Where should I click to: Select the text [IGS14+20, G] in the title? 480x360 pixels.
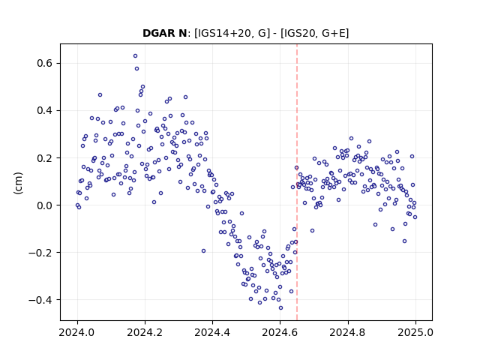tap(232, 33)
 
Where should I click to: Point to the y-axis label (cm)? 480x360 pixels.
tap(18, 183)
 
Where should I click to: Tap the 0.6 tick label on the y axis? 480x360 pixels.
tap(45, 63)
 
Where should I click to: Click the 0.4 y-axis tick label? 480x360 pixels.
tap(45, 110)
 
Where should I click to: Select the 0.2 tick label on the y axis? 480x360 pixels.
tap(45, 158)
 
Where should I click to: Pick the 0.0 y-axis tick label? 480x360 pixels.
tap(45, 205)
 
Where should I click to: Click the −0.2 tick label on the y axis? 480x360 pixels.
tap(40, 253)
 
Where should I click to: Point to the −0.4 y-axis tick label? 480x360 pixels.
tap(40, 300)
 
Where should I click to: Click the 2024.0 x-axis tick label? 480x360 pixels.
tap(77, 332)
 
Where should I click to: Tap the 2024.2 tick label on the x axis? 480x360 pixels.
tap(145, 332)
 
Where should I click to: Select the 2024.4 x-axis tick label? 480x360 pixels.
tap(212, 332)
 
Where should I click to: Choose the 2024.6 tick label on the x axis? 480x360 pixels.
tap(280, 332)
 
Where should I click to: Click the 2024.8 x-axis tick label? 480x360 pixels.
tap(348, 332)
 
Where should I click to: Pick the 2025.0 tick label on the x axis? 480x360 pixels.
tap(415, 332)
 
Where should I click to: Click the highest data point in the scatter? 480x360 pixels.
tap(135, 56)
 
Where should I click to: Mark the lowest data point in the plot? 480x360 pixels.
tap(280, 308)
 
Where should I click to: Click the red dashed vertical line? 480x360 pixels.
tap(297, 182)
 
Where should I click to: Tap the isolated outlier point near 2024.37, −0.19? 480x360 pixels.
tap(203, 251)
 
